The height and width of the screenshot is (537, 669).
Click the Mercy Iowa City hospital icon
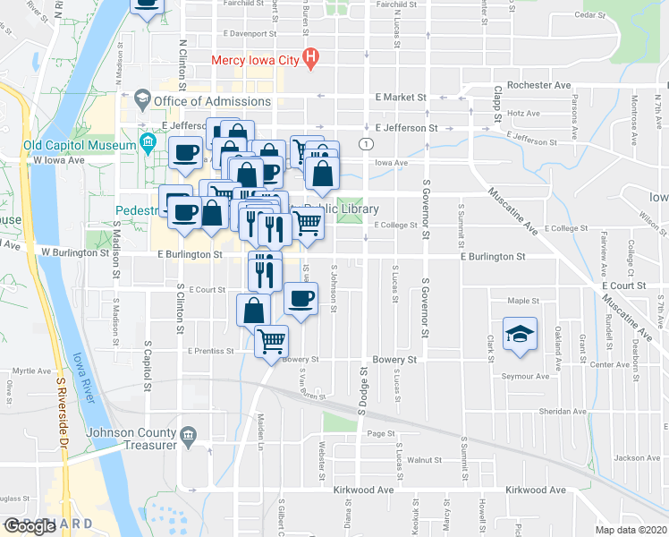pos(310,60)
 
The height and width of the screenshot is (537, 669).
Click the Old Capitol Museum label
pos(78,144)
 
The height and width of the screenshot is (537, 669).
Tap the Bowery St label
pos(401,359)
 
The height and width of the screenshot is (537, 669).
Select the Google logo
pos(30,525)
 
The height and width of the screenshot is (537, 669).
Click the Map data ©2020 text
pos(630,530)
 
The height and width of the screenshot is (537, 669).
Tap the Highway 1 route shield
pos(366,143)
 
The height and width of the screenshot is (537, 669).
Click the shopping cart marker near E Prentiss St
pos(271,341)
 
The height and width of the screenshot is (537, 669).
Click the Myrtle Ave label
pos(30,371)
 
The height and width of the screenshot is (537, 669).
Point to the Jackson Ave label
pos(637,458)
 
